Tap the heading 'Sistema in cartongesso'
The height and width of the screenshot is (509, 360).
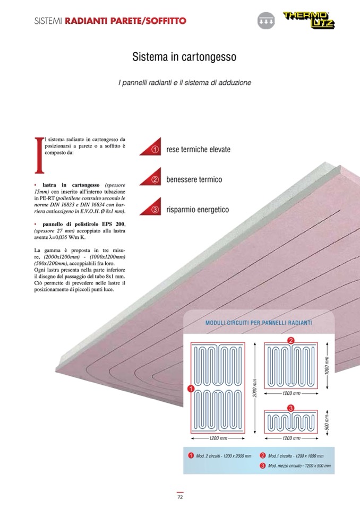[184, 56]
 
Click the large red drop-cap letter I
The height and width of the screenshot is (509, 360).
[38, 154]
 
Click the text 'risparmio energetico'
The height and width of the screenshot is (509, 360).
[198, 210]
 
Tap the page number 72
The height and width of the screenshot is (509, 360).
[180, 497]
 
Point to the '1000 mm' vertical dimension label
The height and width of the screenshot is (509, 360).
[327, 365]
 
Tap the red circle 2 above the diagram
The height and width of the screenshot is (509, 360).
[290, 340]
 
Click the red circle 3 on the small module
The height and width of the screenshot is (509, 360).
[290, 408]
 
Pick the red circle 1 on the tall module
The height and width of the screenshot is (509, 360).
[190, 389]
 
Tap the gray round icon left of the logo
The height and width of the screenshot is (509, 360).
[264, 21]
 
